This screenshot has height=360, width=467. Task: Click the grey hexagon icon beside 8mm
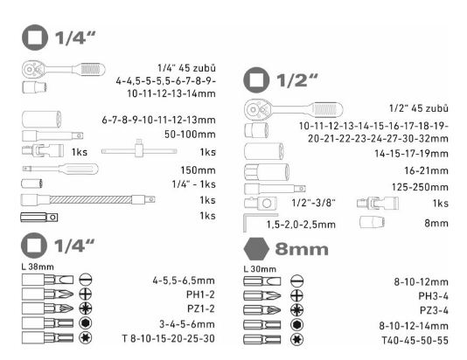[256, 249]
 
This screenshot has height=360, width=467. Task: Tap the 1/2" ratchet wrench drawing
[293, 109]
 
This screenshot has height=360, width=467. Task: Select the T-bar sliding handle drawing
[139, 151]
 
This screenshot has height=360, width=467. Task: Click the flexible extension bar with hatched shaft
[87, 199]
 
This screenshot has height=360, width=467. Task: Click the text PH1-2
[200, 294]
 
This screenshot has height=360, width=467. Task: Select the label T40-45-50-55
[415, 340]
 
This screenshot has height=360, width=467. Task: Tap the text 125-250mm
[420, 187]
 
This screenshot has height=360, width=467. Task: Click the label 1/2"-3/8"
[313, 203]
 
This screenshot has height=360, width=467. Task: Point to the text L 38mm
[38, 267]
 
